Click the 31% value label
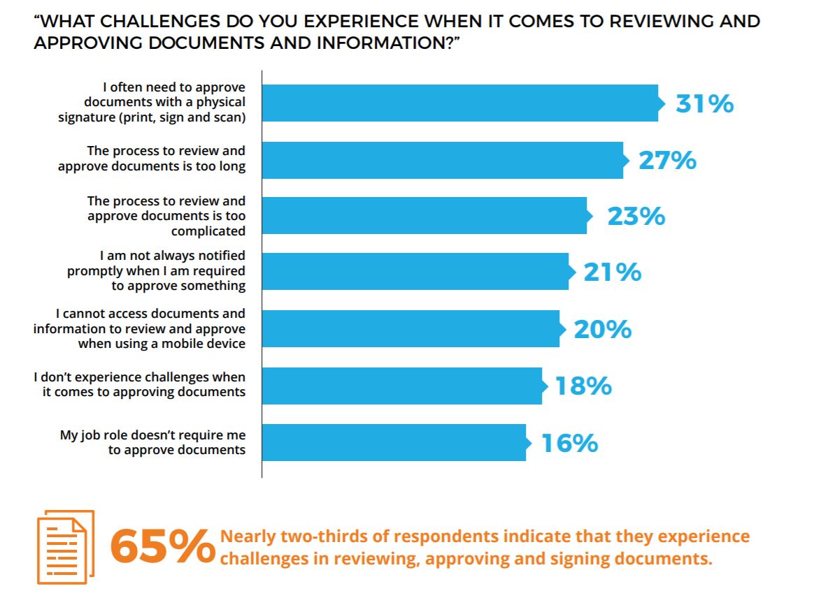point(704,104)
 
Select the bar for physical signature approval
point(460,103)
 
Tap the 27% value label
point(667,161)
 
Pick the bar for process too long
point(443,161)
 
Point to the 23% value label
point(636,217)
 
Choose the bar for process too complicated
point(424,216)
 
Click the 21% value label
point(612,272)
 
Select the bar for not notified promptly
point(415,272)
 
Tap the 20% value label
point(602,329)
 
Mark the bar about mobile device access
point(410,329)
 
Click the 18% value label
point(583,386)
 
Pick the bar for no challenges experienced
point(402,386)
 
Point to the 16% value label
point(569,443)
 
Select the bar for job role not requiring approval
point(394,443)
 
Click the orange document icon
point(65,547)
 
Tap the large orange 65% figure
point(162,547)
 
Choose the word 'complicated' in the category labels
point(208,231)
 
